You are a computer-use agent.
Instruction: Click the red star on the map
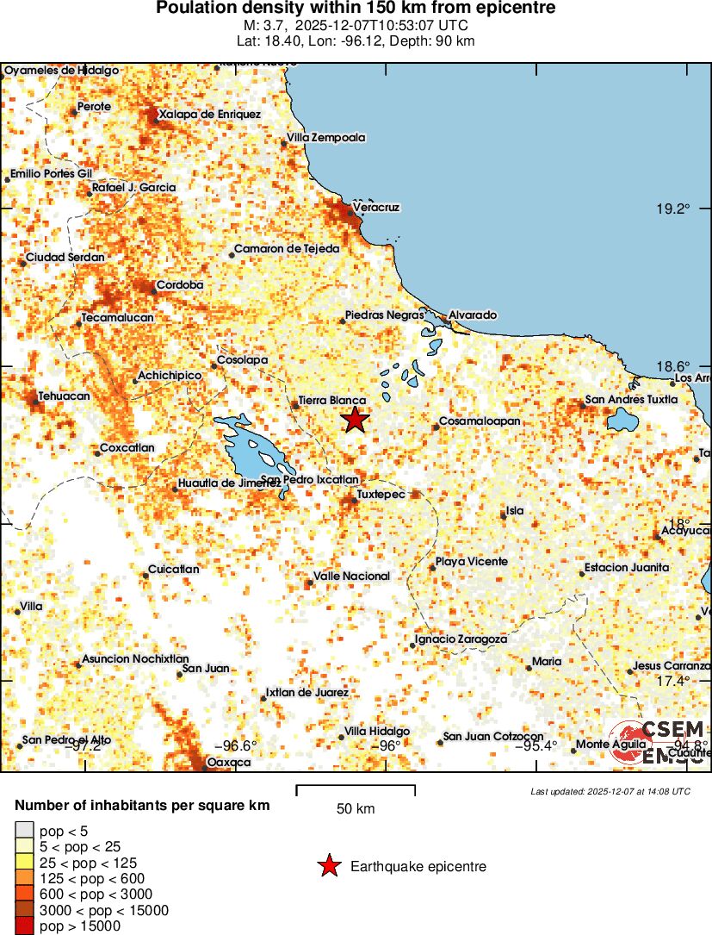pyautogui.click(x=355, y=420)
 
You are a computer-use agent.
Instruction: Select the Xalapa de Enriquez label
pyautogui.click(x=209, y=114)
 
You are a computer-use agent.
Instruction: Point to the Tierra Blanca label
pyautogui.click(x=331, y=402)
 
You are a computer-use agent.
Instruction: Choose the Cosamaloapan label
pyautogui.click(x=480, y=421)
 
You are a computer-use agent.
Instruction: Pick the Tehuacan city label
pyautogui.click(x=64, y=396)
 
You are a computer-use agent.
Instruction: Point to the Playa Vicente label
pyautogui.click(x=471, y=562)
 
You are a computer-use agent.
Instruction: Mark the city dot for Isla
pyautogui.click(x=503, y=515)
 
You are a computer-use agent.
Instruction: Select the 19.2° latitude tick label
pyautogui.click(x=673, y=209)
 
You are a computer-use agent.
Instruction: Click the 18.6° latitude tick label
pyautogui.click(x=673, y=366)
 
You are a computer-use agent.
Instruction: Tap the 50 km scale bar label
pyautogui.click(x=355, y=808)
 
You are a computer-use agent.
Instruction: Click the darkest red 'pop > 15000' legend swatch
pyautogui.click(x=23, y=926)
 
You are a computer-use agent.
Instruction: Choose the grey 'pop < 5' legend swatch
pyautogui.click(x=23, y=831)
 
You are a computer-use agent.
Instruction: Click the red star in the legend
pyautogui.click(x=328, y=867)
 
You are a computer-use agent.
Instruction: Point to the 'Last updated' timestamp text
pyautogui.click(x=610, y=791)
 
